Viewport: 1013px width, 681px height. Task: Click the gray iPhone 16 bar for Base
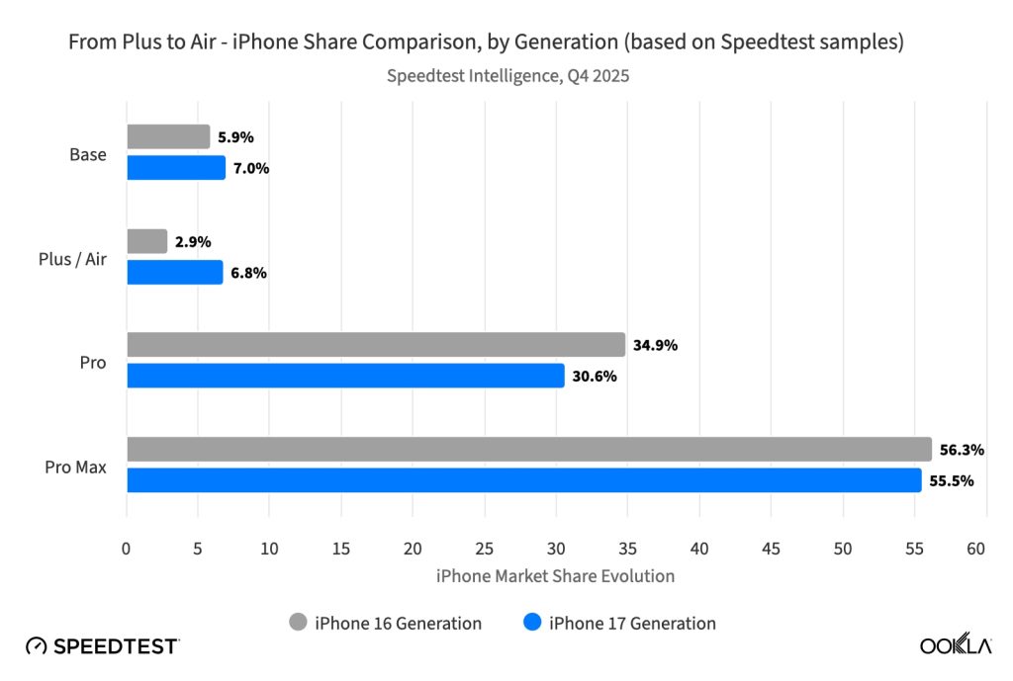168,137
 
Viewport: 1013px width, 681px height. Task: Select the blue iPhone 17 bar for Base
176,168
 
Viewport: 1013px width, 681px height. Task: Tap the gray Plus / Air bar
147,241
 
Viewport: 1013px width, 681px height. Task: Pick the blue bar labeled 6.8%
175,272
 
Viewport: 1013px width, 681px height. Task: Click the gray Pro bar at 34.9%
376,345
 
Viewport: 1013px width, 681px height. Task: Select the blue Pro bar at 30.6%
345,376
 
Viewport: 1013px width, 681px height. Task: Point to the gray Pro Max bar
529,449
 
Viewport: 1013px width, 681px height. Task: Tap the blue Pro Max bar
523,480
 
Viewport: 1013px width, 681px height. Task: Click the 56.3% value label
962,450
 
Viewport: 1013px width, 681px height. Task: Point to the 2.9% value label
193,242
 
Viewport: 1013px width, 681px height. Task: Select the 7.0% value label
251,168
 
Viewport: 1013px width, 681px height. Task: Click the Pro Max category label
75,466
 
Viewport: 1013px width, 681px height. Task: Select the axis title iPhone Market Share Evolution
555,575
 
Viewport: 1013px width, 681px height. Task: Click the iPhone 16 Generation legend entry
385,623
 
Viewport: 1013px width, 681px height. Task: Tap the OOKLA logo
956,645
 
